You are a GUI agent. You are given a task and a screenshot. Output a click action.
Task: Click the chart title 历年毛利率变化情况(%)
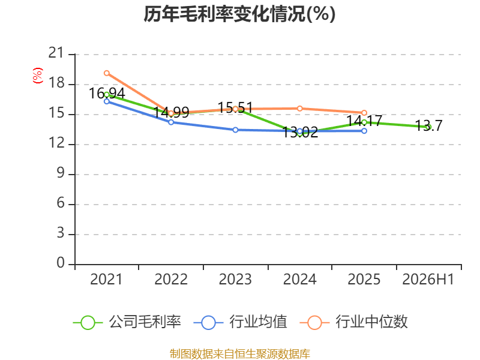tap(239, 14)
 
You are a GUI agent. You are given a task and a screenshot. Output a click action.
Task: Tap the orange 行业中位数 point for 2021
tap(107, 73)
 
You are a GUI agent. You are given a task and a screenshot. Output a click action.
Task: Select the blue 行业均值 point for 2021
tap(107, 101)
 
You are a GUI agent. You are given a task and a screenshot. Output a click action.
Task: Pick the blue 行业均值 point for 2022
tap(171, 122)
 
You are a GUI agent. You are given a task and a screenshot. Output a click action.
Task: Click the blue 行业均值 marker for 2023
tap(235, 130)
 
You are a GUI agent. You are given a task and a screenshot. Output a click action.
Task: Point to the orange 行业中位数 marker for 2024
tap(299, 109)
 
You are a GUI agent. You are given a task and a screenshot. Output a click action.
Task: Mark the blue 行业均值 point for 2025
tap(364, 131)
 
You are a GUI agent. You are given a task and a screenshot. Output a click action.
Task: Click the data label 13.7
tap(428, 125)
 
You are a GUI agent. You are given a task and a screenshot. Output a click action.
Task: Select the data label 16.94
tap(107, 94)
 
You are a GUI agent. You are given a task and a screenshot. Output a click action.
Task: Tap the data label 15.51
tap(235, 108)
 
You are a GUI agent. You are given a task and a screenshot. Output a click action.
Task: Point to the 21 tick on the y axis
tap(56, 53)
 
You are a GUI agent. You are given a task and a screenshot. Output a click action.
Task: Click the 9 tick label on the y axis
tap(61, 173)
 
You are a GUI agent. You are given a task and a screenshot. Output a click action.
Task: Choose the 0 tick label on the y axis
tap(61, 263)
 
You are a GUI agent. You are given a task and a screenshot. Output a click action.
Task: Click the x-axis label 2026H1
tap(428, 280)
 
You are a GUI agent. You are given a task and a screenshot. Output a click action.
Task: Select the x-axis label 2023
tap(235, 280)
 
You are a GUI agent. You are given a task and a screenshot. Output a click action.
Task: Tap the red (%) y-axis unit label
tap(38, 76)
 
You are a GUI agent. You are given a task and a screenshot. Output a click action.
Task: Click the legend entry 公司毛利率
tap(127, 322)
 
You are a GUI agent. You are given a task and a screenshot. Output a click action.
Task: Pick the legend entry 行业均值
tap(241, 322)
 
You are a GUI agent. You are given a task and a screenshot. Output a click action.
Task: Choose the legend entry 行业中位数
tap(353, 322)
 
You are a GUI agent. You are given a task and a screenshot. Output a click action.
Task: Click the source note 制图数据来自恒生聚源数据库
tap(239, 354)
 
